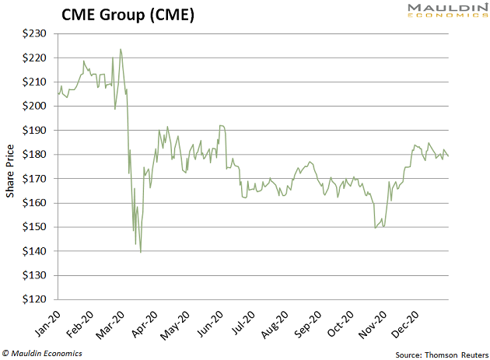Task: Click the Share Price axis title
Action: [12, 166]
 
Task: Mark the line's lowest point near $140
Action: [141, 252]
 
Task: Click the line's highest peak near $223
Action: [121, 50]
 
